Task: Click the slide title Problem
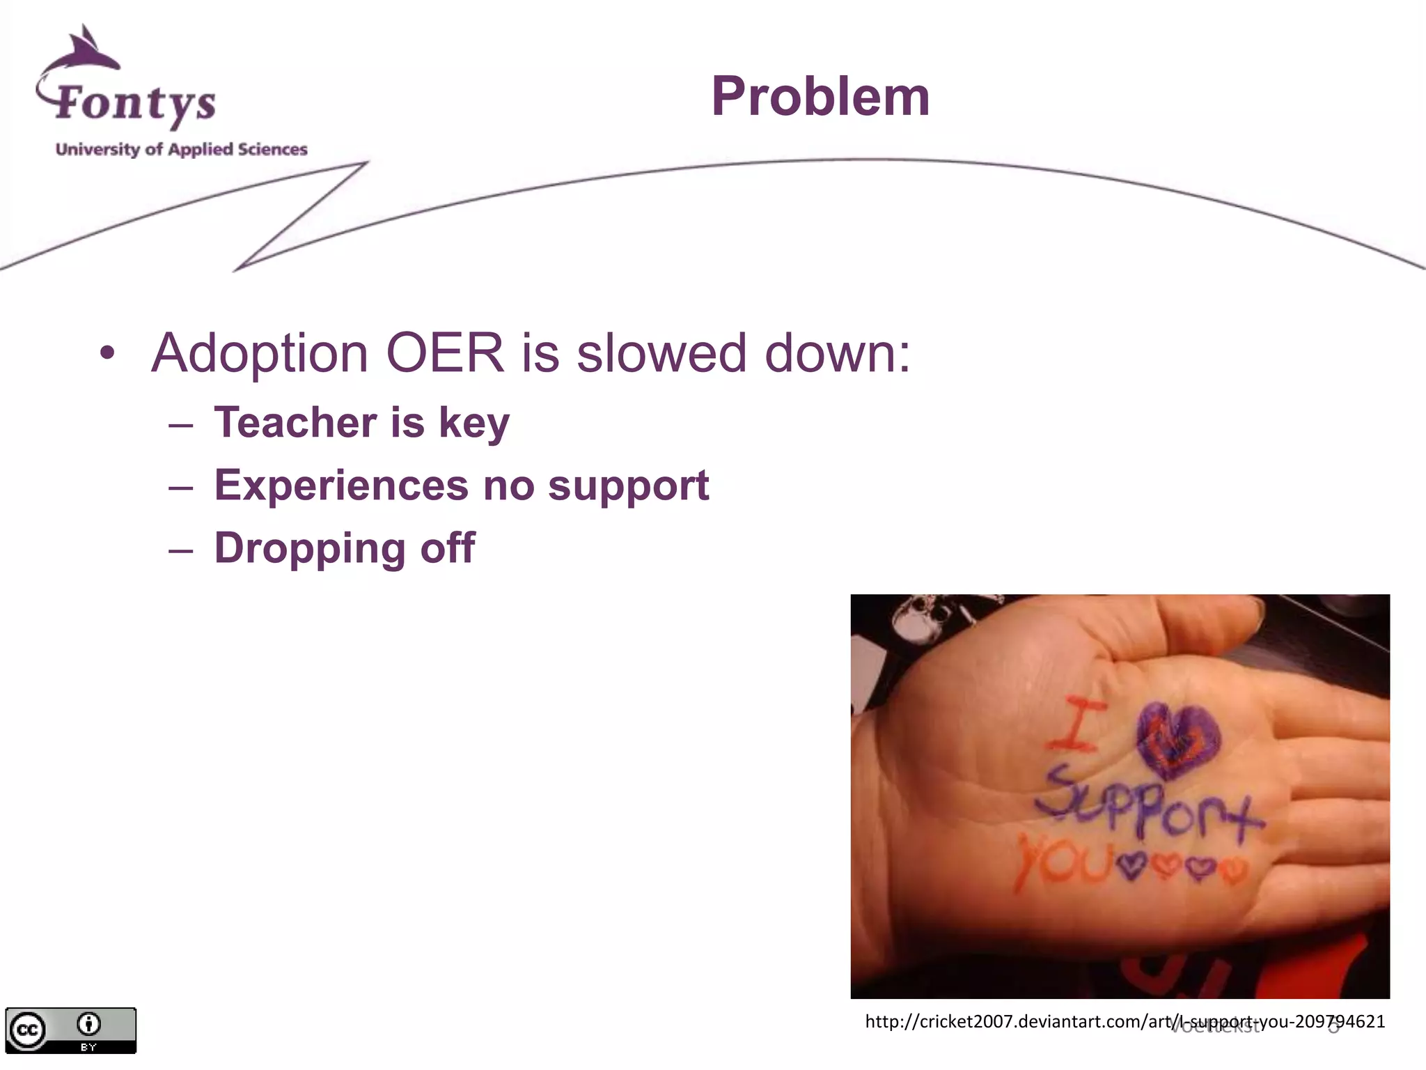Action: pos(820,97)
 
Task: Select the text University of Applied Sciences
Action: pos(181,149)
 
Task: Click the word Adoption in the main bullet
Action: pos(259,353)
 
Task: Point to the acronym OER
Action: pos(444,353)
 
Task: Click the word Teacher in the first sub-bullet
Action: pos(295,422)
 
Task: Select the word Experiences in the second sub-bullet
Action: pos(341,486)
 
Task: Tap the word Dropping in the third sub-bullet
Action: pos(309,548)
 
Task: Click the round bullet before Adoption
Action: pos(107,352)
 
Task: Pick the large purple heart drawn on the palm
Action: pos(1178,740)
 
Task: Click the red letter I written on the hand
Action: pos(1076,724)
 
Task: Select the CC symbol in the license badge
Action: pos(27,1030)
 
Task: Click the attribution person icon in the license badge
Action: pos(88,1024)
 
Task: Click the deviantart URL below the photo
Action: pos(1125,1022)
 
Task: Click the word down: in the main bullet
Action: pos(837,353)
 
